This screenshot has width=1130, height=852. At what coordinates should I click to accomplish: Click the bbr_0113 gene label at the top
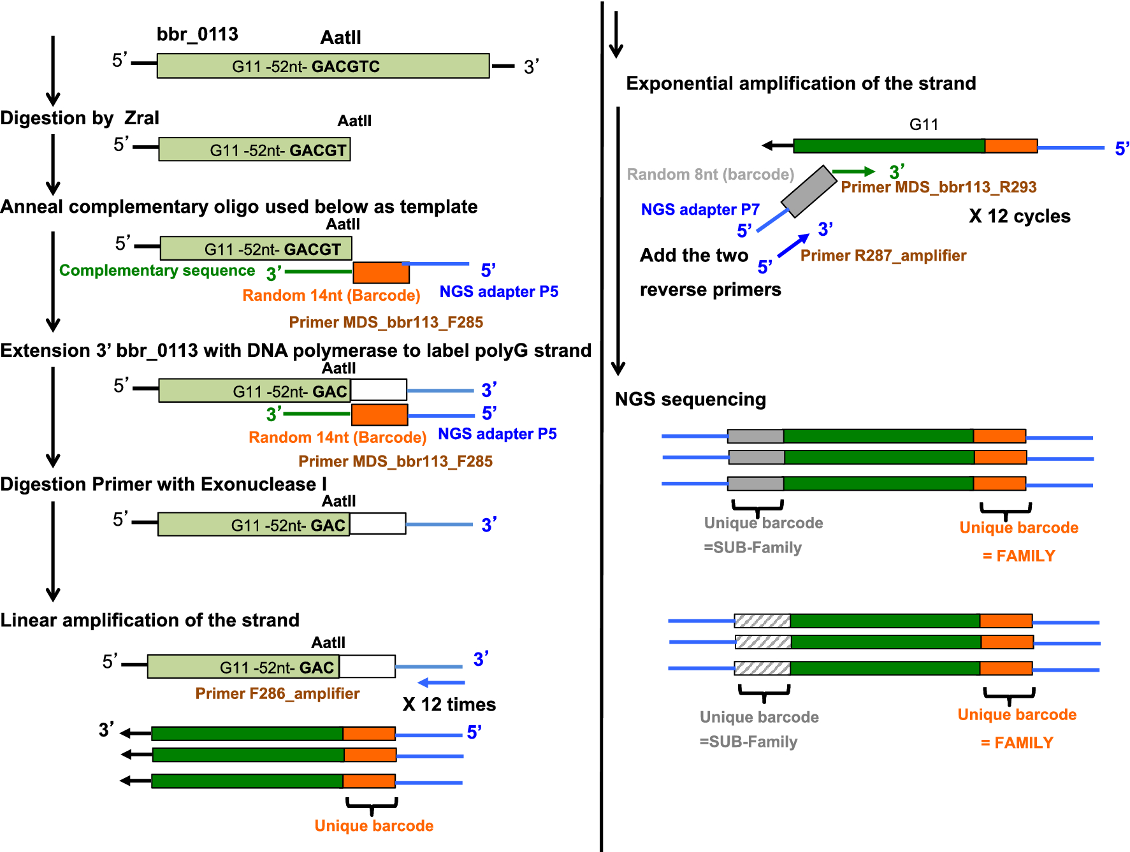click(x=197, y=34)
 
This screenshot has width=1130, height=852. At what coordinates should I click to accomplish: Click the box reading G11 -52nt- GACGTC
click(x=323, y=66)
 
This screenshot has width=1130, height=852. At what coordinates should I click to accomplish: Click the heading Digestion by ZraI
click(x=80, y=118)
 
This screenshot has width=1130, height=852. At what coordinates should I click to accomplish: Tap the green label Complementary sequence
click(x=157, y=270)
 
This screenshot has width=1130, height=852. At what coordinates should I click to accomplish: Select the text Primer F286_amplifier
click(x=277, y=693)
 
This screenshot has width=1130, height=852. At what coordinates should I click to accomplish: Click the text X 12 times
click(x=449, y=704)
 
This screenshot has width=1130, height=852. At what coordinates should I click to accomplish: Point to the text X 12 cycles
click(x=1019, y=216)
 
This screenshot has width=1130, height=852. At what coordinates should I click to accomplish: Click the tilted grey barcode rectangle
click(x=808, y=191)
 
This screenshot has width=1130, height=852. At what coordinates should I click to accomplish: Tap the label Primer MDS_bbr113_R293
click(x=938, y=187)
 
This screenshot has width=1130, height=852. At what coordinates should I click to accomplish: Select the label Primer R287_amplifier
click(x=883, y=256)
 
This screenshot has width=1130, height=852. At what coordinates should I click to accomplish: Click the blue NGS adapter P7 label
click(x=700, y=209)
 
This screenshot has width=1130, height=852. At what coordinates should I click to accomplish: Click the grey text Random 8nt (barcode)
click(x=710, y=174)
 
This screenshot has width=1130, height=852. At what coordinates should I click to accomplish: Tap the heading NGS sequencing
click(x=690, y=399)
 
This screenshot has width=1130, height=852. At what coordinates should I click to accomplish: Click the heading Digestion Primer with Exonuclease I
click(x=163, y=484)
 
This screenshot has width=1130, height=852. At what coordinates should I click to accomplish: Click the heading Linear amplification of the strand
click(x=150, y=620)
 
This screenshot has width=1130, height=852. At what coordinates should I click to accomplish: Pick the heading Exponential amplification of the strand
click(x=800, y=83)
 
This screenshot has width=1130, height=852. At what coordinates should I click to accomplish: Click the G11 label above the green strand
click(x=923, y=124)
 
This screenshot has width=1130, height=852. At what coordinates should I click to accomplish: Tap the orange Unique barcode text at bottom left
click(x=373, y=825)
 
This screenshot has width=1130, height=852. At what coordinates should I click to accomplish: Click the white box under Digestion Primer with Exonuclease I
click(x=377, y=524)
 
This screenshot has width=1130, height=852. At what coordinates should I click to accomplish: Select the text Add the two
click(x=693, y=255)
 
